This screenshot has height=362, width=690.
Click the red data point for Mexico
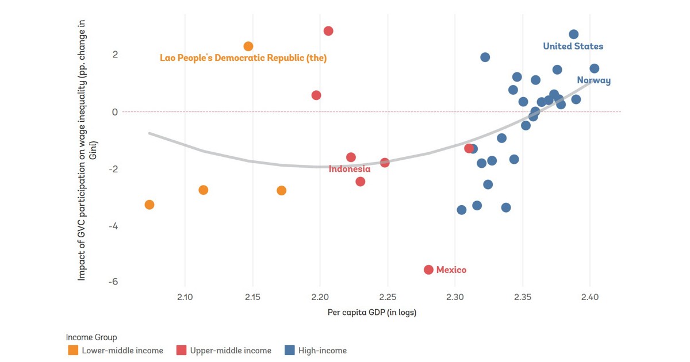(x=428, y=269)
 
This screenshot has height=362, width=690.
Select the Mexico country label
(x=451, y=270)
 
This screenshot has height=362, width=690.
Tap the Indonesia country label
(x=350, y=169)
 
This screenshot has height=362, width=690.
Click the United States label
(x=573, y=47)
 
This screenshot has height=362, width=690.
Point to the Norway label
(x=593, y=80)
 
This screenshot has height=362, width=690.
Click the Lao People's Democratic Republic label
(x=243, y=58)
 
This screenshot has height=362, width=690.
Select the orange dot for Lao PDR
(x=248, y=46)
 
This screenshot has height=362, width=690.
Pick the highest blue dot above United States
(x=573, y=34)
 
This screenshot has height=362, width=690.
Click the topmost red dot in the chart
(x=328, y=31)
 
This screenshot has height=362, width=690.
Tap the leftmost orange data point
(x=149, y=205)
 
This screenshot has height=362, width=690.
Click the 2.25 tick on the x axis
(x=388, y=297)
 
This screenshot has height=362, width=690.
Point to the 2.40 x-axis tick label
(x=590, y=297)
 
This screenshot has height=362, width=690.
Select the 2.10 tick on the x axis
(x=185, y=297)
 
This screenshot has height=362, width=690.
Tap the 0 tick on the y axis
(x=115, y=112)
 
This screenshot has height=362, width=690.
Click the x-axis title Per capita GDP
(x=371, y=313)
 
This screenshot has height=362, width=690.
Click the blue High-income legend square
(x=290, y=351)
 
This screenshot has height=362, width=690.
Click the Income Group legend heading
(x=91, y=337)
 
